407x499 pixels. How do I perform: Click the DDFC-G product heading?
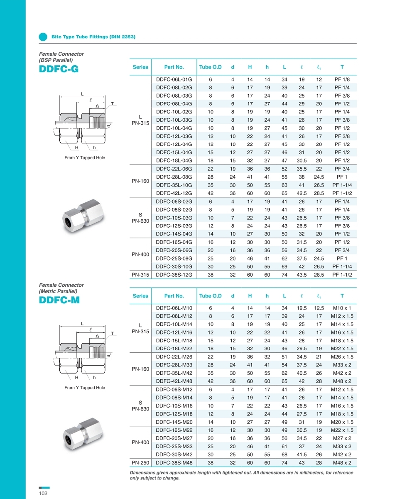[58, 69]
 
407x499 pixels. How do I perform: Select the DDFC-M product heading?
[59, 300]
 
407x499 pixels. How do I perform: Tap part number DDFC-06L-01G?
[174, 79]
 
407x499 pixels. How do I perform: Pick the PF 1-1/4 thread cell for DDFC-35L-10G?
[342, 185]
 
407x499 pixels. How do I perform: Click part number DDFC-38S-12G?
[174, 275]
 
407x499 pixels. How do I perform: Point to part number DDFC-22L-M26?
[174, 357]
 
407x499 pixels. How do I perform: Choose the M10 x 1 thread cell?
[342, 308]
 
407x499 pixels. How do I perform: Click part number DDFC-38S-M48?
[174, 462]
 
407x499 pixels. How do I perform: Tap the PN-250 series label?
[140, 462]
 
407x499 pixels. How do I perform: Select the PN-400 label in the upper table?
[140, 254]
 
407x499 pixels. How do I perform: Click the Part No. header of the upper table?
[174, 67]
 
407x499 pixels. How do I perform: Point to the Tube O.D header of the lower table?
[210, 296]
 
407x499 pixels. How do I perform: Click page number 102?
[43, 493]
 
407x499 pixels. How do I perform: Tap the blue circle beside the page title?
[43, 37]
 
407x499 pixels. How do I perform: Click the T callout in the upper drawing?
[112, 103]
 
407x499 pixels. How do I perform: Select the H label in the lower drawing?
[77, 377]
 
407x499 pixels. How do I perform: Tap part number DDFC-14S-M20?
[174, 422]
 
